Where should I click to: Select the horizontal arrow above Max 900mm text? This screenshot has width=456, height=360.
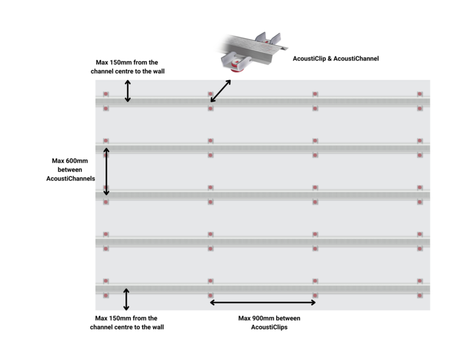(263, 302)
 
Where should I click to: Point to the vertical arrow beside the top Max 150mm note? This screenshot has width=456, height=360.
(128, 91)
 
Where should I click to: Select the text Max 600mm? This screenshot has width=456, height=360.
(69, 160)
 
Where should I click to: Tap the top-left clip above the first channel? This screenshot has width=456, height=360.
(106, 94)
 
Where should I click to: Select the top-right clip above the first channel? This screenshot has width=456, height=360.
(420, 94)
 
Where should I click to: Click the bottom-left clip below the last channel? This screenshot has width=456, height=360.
(106, 296)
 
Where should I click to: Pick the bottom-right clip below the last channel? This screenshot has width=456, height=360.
(420, 296)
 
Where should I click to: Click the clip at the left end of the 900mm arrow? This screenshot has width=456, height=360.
(210, 296)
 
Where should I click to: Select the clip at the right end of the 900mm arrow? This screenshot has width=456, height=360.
(315, 296)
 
